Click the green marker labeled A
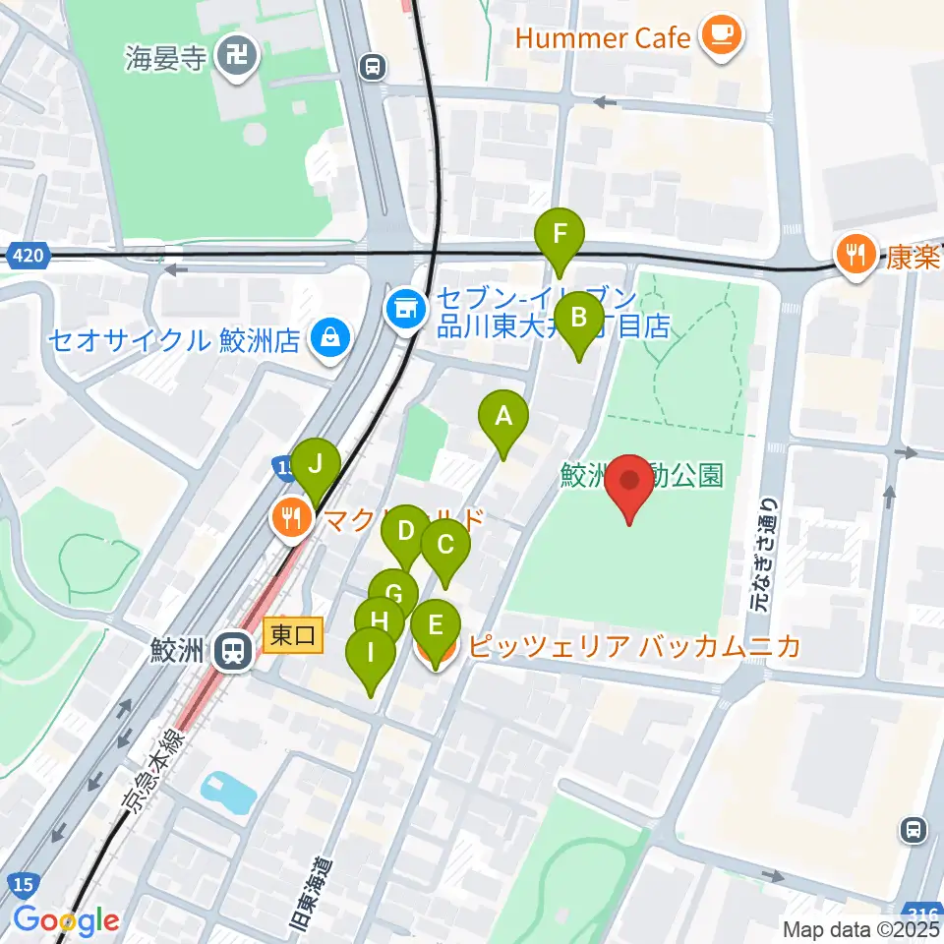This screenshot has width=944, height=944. click(503, 418)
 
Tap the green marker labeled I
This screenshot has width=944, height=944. click(371, 654)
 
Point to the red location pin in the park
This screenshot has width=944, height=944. click(629, 482)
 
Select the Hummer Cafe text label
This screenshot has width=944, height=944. click(603, 38)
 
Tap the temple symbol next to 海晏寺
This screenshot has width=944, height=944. click(238, 56)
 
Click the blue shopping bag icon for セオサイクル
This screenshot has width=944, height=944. click(327, 340)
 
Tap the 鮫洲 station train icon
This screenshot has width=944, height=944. click(234, 650)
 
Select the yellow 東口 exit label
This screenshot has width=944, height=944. click(292, 636)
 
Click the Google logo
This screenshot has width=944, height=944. click(66, 920)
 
